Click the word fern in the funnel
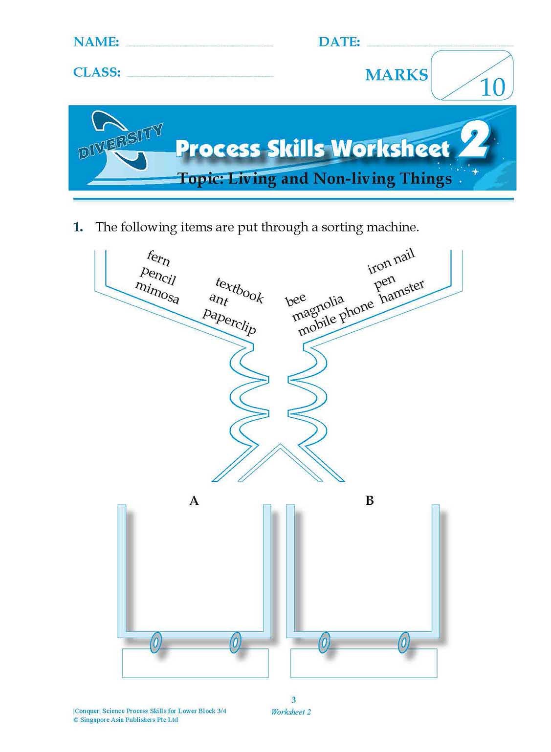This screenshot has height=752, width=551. (x=158, y=258)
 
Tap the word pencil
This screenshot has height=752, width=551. (x=157, y=276)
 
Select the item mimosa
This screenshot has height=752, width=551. (x=157, y=293)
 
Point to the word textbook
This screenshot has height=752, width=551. (x=240, y=290)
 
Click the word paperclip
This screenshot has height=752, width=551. (x=229, y=321)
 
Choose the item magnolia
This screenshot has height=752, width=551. (x=318, y=308)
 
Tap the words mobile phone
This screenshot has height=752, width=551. (x=335, y=318)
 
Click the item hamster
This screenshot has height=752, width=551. (x=402, y=291)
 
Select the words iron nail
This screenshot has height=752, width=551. (x=391, y=260)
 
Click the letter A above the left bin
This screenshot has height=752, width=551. (x=194, y=501)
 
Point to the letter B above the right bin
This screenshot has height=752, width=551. (x=370, y=501)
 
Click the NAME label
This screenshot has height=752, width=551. (x=96, y=42)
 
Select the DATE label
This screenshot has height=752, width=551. (x=339, y=42)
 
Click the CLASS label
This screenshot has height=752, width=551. (x=97, y=72)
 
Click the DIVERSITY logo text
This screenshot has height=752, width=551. (x=120, y=142)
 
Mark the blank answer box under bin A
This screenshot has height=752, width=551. (x=195, y=663)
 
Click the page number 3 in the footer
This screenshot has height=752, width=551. (x=293, y=700)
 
